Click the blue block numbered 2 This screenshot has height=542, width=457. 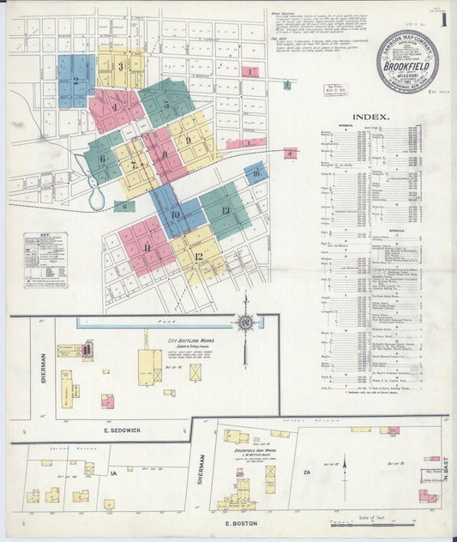[x=75, y=81]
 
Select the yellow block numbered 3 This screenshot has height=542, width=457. [x=121, y=66]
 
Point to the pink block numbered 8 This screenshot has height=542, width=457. [x=164, y=154]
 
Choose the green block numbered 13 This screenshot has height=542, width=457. [x=225, y=211]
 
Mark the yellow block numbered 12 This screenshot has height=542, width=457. [x=198, y=256]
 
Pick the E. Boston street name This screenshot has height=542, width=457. [x=236, y=522]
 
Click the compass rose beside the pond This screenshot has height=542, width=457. [x=246, y=323]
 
